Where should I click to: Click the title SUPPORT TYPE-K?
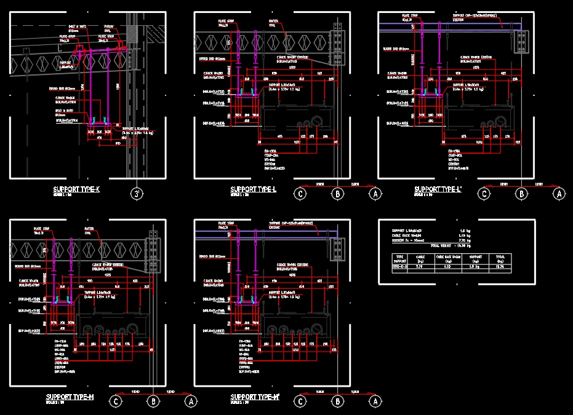click(x=76, y=190)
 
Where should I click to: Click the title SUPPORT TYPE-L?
click(x=253, y=190)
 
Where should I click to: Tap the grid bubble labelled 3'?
click(x=138, y=194)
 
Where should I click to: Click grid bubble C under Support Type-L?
click(x=300, y=194)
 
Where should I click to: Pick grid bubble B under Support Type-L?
click(x=337, y=194)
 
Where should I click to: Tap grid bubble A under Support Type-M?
click(x=191, y=401)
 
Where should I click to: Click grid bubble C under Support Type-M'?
click(x=300, y=401)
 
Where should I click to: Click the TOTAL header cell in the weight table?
click(x=500, y=258)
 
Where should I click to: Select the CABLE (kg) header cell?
click(x=420, y=258)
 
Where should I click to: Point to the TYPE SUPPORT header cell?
click(x=399, y=258)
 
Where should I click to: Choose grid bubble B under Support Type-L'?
click(x=521, y=194)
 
